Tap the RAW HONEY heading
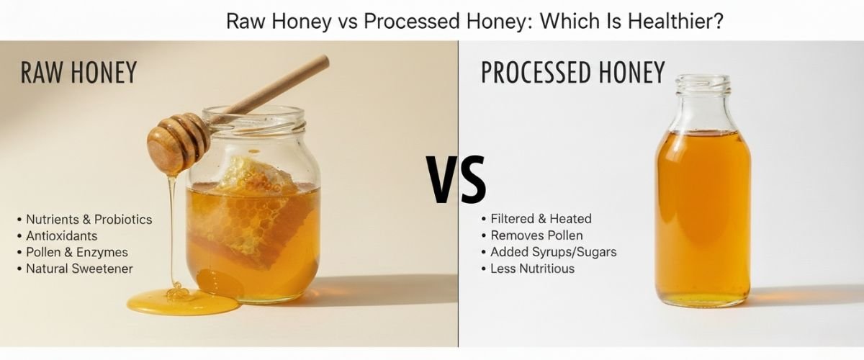(79, 73)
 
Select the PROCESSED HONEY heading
(572, 73)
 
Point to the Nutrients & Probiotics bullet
(89, 219)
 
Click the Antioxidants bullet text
(61, 235)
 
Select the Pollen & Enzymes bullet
(76, 252)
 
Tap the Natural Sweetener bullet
(79, 269)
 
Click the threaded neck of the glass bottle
(702, 86)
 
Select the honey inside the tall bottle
(702, 216)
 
